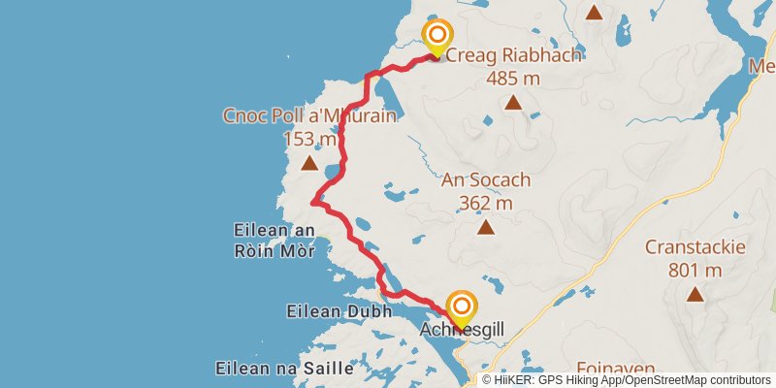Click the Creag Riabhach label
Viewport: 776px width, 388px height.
click(x=513, y=55)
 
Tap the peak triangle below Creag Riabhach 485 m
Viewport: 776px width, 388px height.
click(x=513, y=102)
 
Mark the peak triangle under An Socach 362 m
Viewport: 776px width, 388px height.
click(x=485, y=228)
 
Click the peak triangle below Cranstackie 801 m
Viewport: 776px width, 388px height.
click(x=695, y=294)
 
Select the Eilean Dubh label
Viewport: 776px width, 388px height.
click(x=339, y=311)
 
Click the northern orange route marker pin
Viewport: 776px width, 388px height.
click(x=436, y=38)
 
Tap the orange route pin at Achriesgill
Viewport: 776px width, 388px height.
click(x=460, y=308)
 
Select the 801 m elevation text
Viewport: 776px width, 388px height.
click(x=695, y=269)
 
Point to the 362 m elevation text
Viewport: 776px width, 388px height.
click(x=485, y=203)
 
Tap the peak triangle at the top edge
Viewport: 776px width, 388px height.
click(x=594, y=13)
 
